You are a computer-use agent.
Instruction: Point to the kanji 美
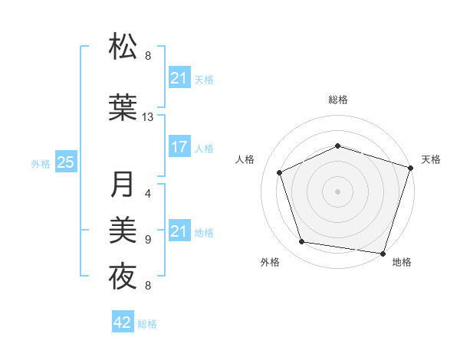click(x=123, y=229)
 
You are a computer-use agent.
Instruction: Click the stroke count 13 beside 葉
click(x=148, y=117)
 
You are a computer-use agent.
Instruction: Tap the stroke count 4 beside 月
click(x=148, y=195)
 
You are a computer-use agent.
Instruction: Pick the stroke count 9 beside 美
click(x=148, y=240)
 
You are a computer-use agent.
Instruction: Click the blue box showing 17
click(x=179, y=148)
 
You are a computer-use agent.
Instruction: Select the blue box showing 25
click(x=66, y=162)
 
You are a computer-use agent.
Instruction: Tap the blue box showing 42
click(x=123, y=323)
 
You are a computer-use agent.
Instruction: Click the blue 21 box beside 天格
click(x=179, y=78)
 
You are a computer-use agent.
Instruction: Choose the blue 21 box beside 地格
click(x=179, y=231)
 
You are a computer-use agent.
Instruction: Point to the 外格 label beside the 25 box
click(x=41, y=163)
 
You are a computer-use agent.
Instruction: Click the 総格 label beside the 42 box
click(x=147, y=324)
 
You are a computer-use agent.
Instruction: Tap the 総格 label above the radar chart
click(x=338, y=100)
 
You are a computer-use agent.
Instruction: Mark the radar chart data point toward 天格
click(x=411, y=167)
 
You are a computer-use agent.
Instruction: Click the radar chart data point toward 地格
click(x=383, y=253)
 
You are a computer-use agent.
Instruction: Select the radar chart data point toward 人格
click(x=279, y=172)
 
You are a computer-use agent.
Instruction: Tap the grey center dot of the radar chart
click(x=338, y=191)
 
